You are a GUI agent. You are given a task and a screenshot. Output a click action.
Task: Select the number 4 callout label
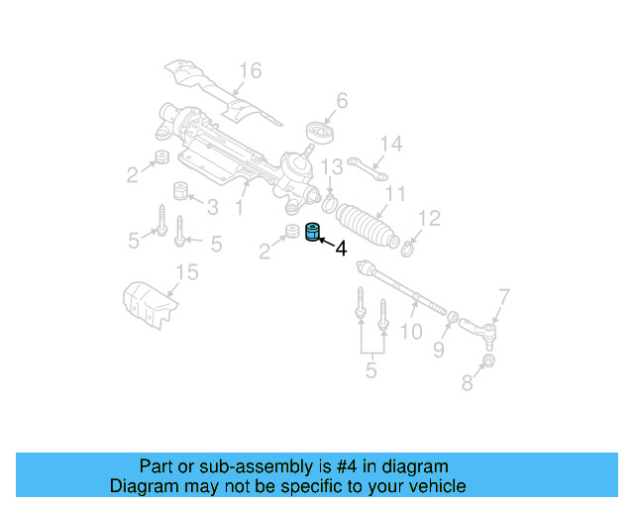coord(341,250)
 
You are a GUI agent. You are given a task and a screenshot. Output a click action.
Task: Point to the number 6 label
coord(343,100)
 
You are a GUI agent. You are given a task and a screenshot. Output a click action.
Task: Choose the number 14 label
coord(391,145)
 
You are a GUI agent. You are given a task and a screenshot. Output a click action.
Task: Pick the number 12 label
coord(429,218)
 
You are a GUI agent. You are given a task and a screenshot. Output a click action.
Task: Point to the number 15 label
coord(186,272)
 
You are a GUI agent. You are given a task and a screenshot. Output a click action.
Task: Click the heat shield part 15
coord(149,302)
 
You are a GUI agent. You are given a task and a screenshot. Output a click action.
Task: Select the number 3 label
coord(212,207)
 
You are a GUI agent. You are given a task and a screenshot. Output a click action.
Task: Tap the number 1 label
coord(239,209)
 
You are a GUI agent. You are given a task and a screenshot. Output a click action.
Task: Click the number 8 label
coord(467,383)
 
